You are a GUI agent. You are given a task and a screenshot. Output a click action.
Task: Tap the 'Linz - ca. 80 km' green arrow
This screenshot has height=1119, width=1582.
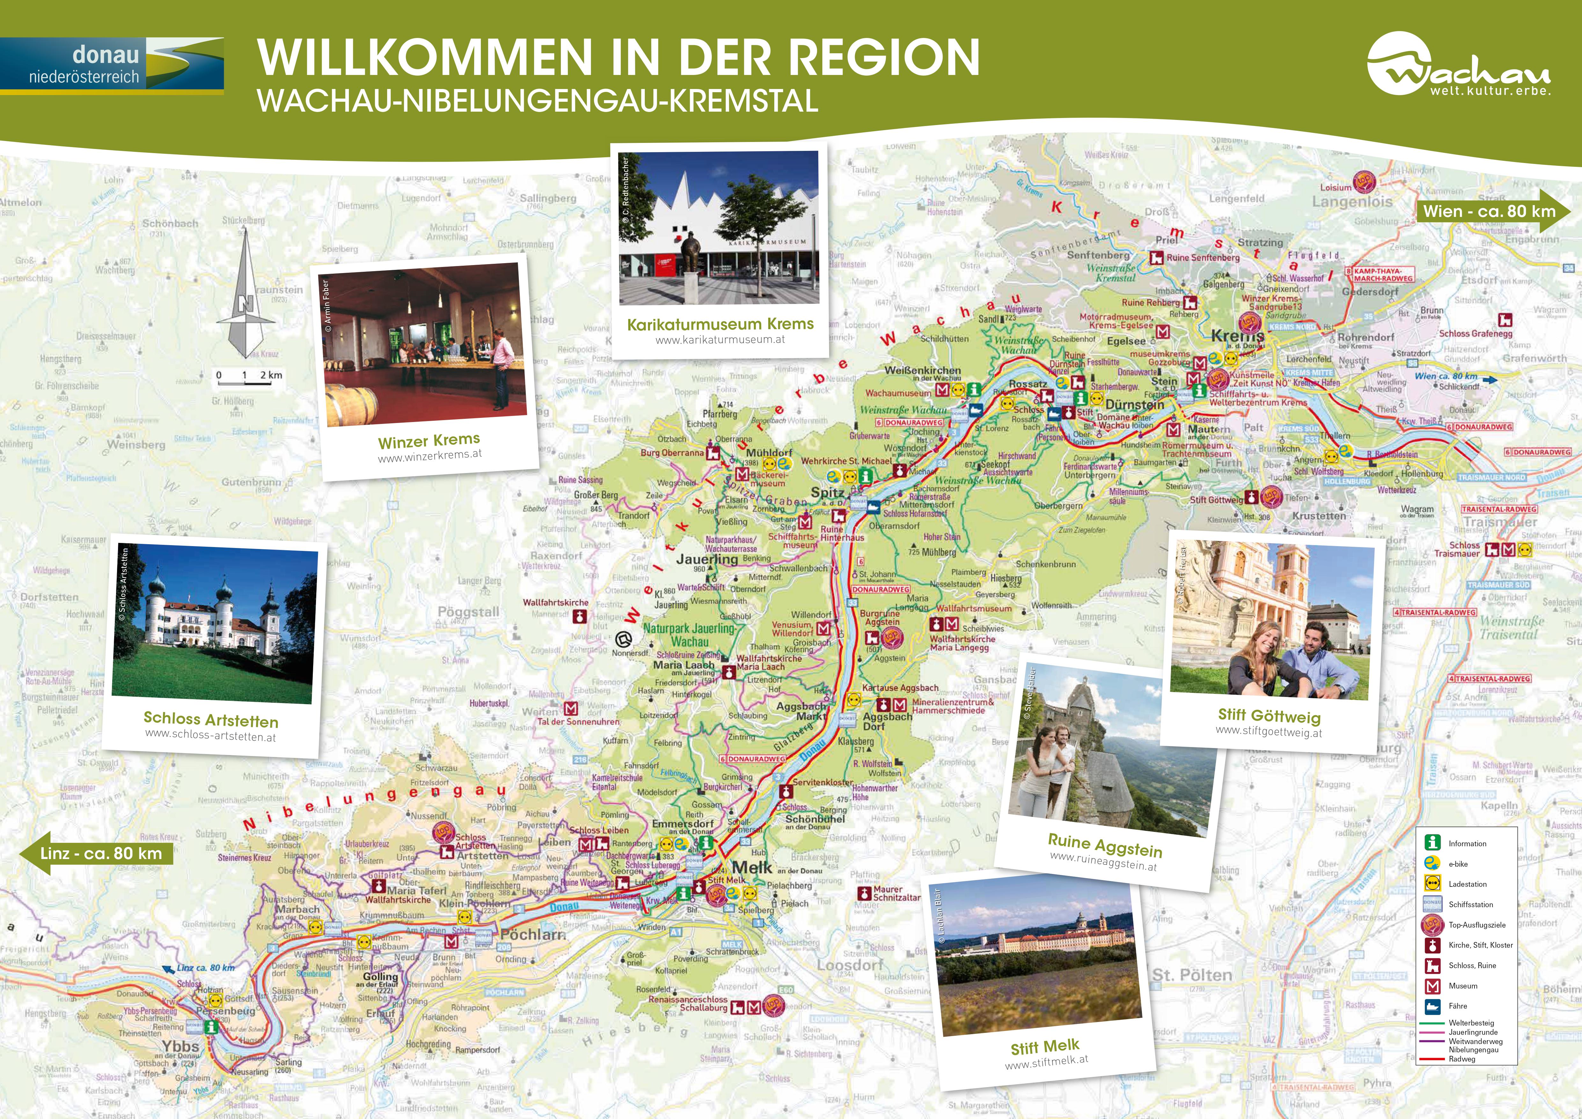(96, 853)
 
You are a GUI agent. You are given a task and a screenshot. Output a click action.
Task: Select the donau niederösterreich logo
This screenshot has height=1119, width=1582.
(112, 65)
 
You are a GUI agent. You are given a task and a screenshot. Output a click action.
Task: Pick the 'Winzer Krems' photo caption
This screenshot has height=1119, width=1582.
(429, 440)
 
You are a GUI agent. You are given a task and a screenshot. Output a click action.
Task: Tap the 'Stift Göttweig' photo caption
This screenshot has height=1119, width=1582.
(1269, 716)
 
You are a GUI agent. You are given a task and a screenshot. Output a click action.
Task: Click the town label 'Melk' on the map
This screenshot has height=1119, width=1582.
(752, 868)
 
